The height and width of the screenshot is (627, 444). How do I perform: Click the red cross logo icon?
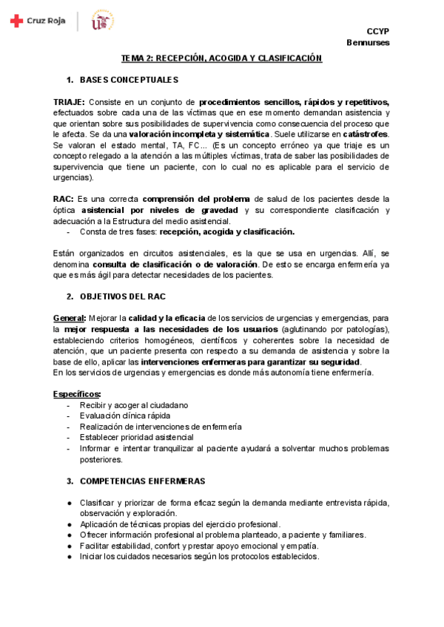[x=16, y=21]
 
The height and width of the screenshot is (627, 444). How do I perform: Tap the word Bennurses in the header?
[x=368, y=42]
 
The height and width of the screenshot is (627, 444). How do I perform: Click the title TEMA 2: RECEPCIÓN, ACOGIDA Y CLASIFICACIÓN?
[x=222, y=58]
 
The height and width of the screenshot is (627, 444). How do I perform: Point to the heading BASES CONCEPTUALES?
[x=129, y=80]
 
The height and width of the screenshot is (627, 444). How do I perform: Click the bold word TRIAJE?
[x=69, y=101]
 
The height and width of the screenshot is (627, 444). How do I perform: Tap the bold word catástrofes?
[x=366, y=134]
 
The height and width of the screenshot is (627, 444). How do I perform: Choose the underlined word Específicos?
[x=77, y=394]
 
